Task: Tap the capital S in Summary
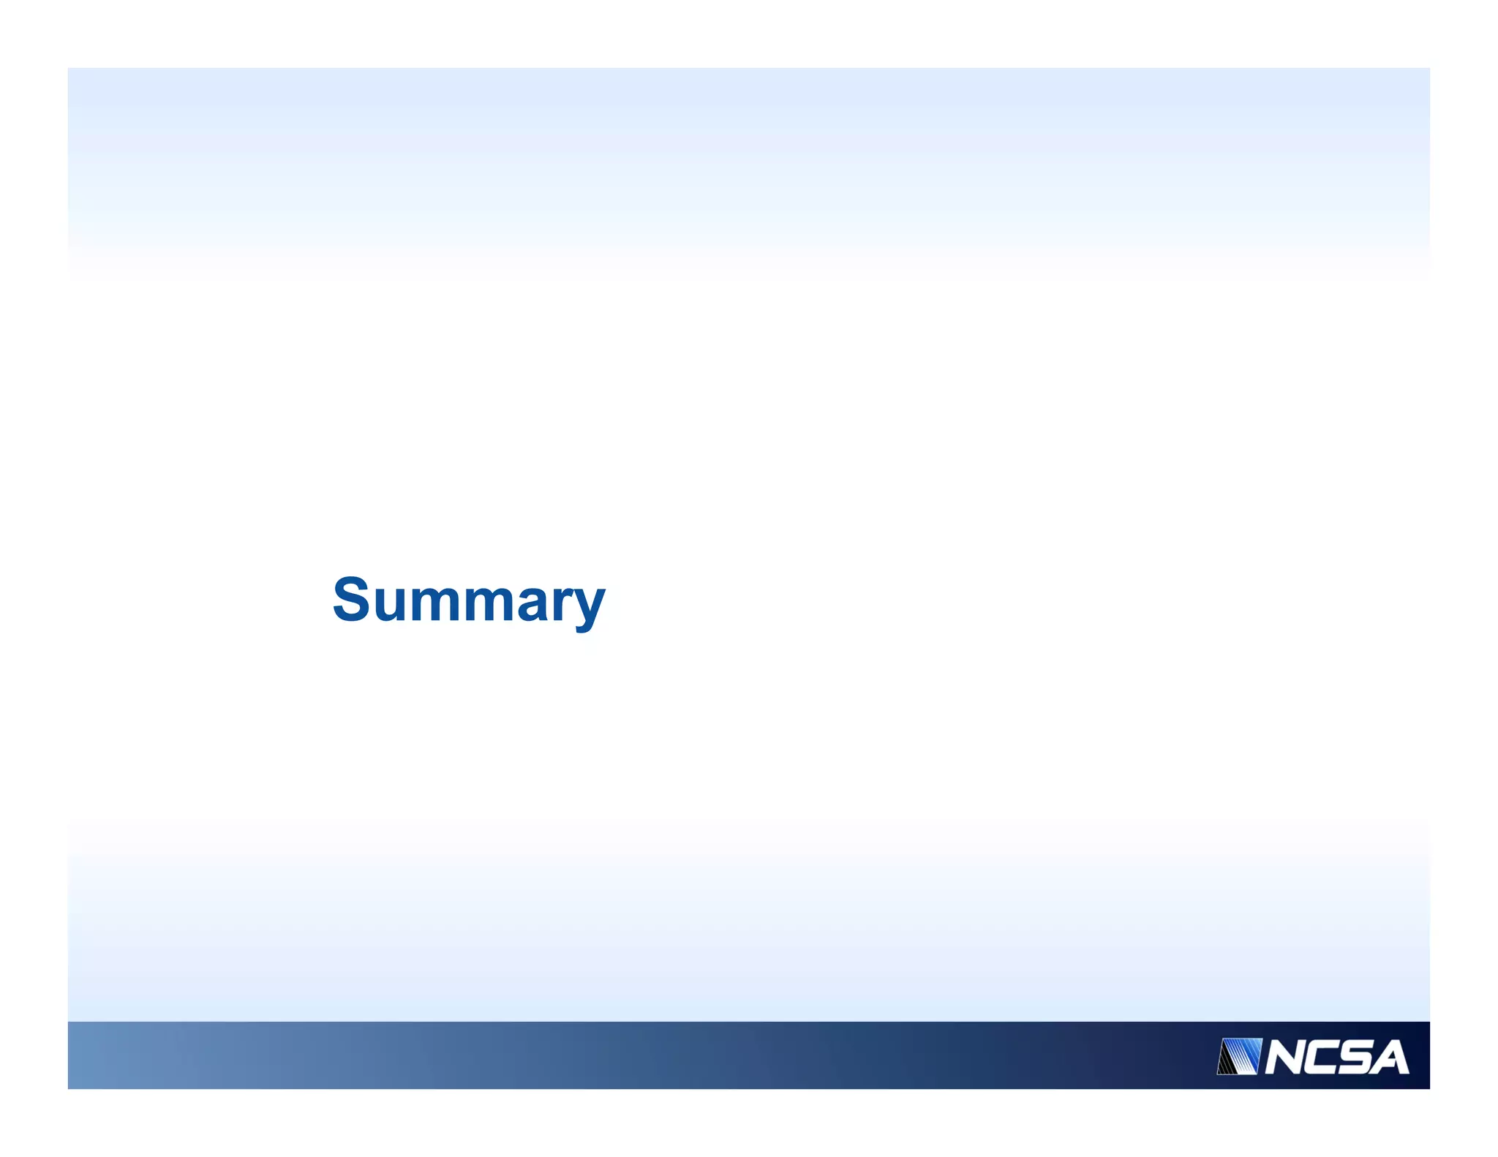click(x=350, y=598)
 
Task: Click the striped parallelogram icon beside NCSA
click(x=1239, y=1056)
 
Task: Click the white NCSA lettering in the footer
click(x=1336, y=1057)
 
